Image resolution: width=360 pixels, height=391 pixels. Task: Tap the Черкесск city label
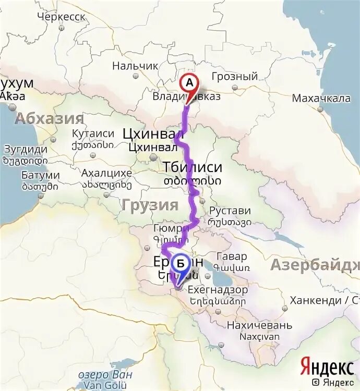tap(62, 16)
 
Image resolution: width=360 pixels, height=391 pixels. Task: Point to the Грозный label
tap(235, 77)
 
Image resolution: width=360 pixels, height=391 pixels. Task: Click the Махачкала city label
tap(321, 99)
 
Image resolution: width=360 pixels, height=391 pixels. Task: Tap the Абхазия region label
tap(50, 118)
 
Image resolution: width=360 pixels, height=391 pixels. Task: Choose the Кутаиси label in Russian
tap(93, 133)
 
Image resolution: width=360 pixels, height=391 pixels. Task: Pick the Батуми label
tap(40, 175)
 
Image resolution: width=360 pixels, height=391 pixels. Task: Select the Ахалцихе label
tap(106, 174)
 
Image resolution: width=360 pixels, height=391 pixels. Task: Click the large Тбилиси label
tap(193, 168)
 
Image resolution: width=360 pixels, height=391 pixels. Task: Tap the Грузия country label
tap(150, 205)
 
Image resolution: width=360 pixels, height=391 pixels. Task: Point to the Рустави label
tap(230, 211)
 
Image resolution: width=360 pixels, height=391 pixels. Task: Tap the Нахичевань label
tap(259, 326)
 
